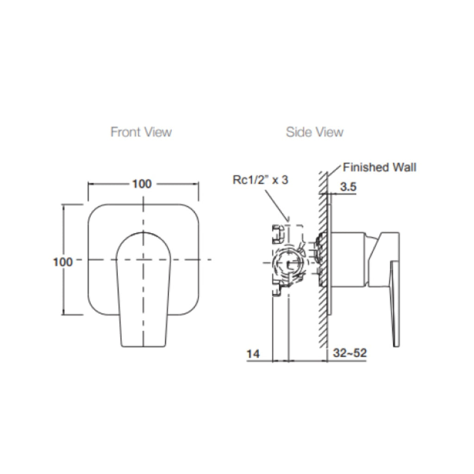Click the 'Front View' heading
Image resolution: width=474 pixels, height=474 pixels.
tap(141, 132)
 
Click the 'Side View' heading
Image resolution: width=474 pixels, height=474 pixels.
tap(314, 132)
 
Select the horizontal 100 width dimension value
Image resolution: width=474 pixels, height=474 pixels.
tap(142, 184)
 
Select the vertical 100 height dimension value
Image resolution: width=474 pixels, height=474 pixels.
tap(63, 262)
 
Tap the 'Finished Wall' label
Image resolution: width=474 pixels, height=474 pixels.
tap(379, 167)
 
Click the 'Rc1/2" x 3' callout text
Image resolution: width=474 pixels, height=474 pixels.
tap(260, 180)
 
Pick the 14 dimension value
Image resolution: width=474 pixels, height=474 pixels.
tap(253, 354)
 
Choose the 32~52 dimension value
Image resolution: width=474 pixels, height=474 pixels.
tap(350, 354)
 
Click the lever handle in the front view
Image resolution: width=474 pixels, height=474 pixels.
tap(143, 287)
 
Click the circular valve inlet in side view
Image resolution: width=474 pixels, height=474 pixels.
tap(290, 264)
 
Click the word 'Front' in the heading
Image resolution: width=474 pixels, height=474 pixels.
tap(125, 132)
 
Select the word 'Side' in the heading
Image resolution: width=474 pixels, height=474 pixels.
tap(299, 132)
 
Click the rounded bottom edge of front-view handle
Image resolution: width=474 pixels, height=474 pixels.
tap(143, 345)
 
